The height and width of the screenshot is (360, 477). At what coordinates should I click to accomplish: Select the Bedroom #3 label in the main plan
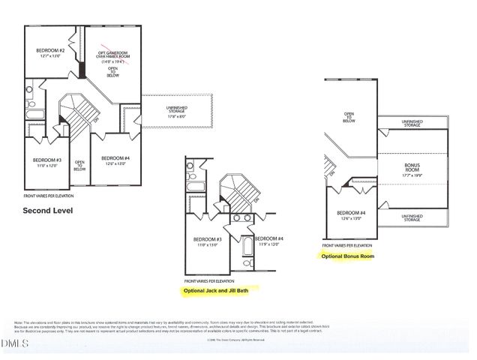(x=46, y=162)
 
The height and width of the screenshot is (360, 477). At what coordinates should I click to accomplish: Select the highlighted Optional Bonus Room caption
(x=347, y=256)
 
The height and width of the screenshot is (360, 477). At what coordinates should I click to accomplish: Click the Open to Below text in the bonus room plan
(x=349, y=116)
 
